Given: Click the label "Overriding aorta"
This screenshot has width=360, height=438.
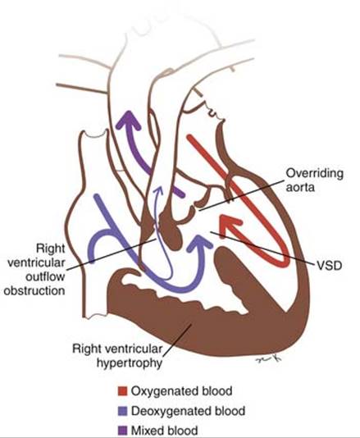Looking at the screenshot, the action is pyautogui.click(x=314, y=180).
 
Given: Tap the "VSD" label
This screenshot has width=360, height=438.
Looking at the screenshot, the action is pyautogui.click(x=330, y=266).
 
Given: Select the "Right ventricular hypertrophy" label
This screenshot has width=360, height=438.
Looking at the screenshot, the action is pyautogui.click(x=117, y=356).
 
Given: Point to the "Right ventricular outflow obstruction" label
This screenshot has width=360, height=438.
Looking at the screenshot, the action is pyautogui.click(x=34, y=270).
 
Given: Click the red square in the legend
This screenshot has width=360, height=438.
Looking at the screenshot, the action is pyautogui.click(x=123, y=391).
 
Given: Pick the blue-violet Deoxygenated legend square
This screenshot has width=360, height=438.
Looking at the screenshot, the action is pyautogui.click(x=123, y=411).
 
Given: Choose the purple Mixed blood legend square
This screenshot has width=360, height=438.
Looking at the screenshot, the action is pyautogui.click(x=123, y=431).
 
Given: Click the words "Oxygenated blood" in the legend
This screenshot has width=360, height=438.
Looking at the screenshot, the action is pyautogui.click(x=181, y=391).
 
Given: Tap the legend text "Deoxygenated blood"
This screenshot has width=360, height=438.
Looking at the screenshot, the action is pyautogui.click(x=189, y=411).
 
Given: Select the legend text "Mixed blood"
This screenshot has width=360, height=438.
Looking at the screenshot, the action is pyautogui.click(x=165, y=431).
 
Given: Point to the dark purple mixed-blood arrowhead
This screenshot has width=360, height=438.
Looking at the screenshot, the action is pyautogui.click(x=129, y=120).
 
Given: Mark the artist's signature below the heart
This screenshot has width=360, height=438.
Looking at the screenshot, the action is pyautogui.click(x=268, y=358).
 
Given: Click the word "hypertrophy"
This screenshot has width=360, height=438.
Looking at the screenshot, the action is pyautogui.click(x=130, y=363).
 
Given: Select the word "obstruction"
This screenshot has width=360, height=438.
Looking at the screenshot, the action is pyautogui.click(x=34, y=291).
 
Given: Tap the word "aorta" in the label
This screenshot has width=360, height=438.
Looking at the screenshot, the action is pyautogui.click(x=300, y=187).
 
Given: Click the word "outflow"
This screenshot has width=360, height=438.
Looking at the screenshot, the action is pyautogui.click(x=45, y=276).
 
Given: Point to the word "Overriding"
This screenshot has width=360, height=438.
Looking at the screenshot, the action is pyautogui.click(x=314, y=174).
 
